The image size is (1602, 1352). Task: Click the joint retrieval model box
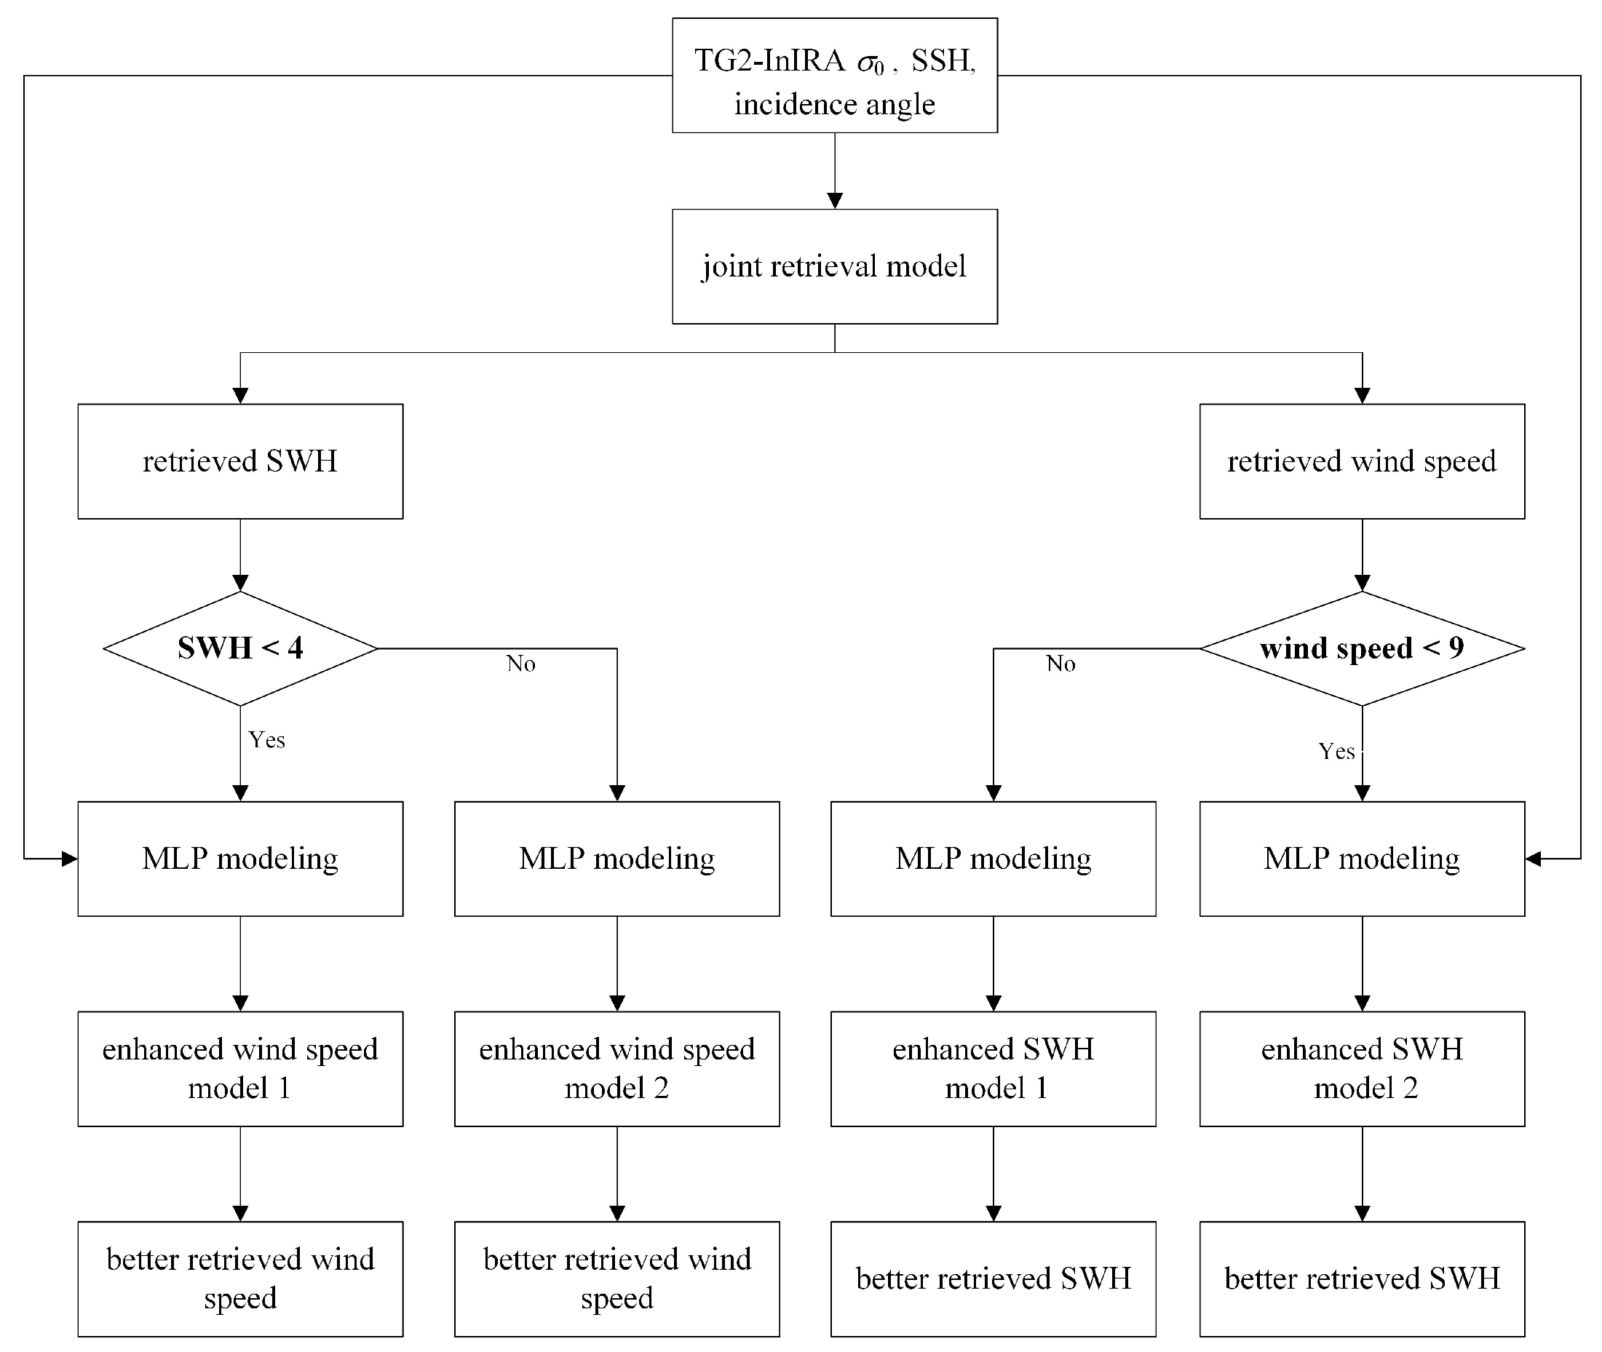click(834, 266)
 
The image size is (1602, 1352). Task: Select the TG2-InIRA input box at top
click(834, 75)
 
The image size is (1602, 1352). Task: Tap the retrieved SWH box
click(240, 461)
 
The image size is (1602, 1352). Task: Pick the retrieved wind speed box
click(1361, 461)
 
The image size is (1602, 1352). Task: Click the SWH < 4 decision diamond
click(240, 648)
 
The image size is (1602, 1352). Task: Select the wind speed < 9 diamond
click(1361, 648)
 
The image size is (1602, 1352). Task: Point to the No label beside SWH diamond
click(520, 664)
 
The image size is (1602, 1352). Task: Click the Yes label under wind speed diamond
click(1336, 751)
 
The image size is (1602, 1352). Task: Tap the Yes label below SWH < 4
click(266, 739)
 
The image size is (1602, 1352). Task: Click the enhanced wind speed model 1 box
click(240, 1068)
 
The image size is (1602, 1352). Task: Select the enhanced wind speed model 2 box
click(616, 1068)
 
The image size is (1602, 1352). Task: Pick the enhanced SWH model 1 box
click(993, 1068)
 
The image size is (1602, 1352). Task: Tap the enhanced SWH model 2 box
click(1361, 1068)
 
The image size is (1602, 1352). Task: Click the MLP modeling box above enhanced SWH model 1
click(993, 859)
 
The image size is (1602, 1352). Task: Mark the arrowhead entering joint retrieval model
click(835, 201)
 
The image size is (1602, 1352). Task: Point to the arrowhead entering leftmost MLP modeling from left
click(70, 859)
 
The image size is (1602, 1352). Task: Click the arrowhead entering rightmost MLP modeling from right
click(1533, 859)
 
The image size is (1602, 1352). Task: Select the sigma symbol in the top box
click(868, 63)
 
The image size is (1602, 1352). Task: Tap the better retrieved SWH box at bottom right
click(1361, 1279)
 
